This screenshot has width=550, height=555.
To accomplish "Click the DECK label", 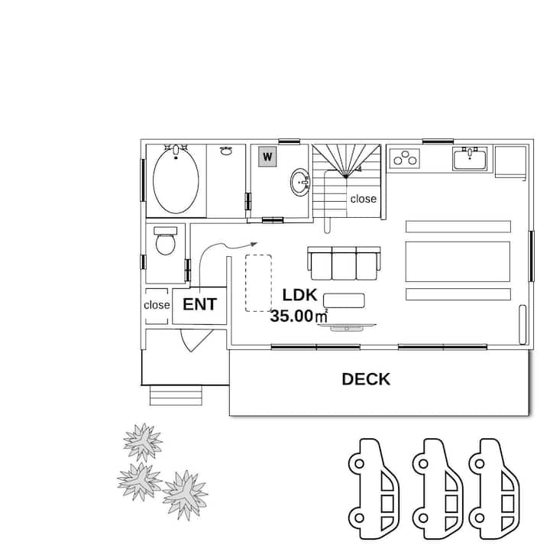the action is tap(366, 379).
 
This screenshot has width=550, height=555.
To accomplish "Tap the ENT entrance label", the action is tap(199, 304).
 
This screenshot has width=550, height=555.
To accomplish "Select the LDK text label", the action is tap(299, 295).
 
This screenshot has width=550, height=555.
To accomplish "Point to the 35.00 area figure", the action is tap(292, 316).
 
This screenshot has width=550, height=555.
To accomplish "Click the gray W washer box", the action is tap(267, 157).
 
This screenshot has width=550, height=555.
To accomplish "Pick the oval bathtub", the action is tap(176, 180).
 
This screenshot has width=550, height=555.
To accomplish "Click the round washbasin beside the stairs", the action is tap(300, 182).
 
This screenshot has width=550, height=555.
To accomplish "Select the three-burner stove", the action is tap(405, 158).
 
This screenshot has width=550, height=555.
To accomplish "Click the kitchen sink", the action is tap(470, 158).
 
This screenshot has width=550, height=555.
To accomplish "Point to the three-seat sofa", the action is tap(345, 263).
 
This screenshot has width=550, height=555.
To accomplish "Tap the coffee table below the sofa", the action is tap(344, 300).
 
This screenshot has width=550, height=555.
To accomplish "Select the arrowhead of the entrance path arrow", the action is tap(254, 244).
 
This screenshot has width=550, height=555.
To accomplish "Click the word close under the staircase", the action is tap(364, 199).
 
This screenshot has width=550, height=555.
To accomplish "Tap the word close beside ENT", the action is tap(157, 305).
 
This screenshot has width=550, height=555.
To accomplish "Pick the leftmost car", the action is tap(374, 488).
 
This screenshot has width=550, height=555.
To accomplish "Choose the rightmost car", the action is tap(494, 488).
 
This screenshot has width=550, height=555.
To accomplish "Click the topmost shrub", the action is tap(143, 442).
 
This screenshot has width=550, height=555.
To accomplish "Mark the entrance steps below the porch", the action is tap(176, 395).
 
